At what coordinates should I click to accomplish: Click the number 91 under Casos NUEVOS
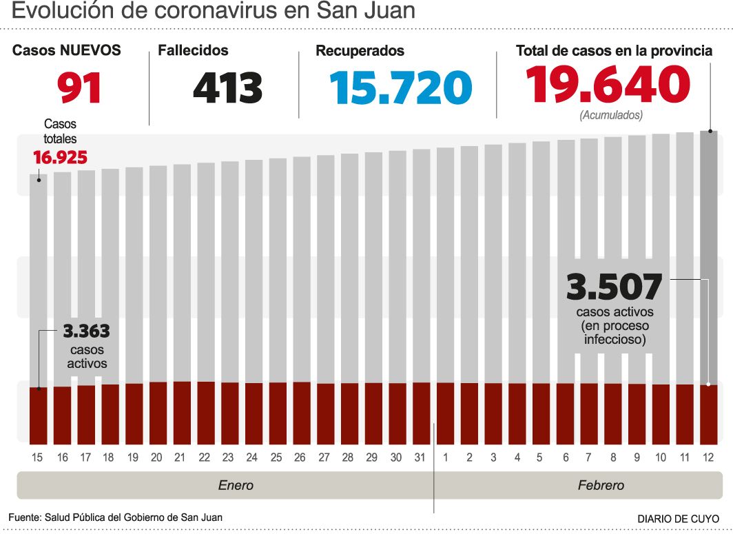click(x=79, y=88)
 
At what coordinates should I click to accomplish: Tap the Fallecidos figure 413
click(x=227, y=88)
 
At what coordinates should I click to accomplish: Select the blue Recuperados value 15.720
click(x=400, y=88)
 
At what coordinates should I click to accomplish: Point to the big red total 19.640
click(x=608, y=85)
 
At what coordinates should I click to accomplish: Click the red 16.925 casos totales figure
click(x=61, y=158)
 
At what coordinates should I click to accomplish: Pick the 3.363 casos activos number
click(x=86, y=331)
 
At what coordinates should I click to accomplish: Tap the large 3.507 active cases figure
click(x=614, y=287)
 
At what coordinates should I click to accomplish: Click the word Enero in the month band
click(x=236, y=485)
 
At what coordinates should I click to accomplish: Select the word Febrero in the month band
click(x=601, y=485)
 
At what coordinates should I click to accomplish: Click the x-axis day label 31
click(x=420, y=458)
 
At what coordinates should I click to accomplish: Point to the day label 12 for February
click(x=708, y=458)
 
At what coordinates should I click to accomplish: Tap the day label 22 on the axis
click(x=205, y=458)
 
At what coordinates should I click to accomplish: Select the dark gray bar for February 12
click(x=709, y=255)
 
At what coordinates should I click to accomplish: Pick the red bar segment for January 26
click(x=302, y=413)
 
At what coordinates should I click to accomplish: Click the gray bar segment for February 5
click(x=541, y=262)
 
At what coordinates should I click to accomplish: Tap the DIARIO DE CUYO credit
click(x=678, y=518)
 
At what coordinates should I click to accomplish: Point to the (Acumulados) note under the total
click(x=610, y=115)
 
